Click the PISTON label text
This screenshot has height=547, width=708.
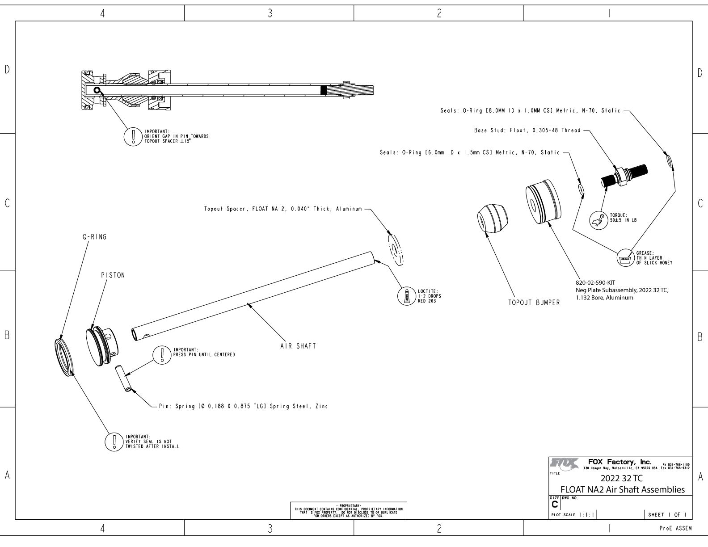[x=113, y=275]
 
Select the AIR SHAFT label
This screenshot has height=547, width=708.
[x=298, y=346]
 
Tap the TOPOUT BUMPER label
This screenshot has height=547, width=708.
[x=534, y=303]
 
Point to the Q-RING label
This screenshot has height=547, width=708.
[x=94, y=237]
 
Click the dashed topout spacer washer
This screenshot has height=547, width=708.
[x=396, y=248]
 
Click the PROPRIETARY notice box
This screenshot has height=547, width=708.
[x=349, y=510]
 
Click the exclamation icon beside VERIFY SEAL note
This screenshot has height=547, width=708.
[x=113, y=442]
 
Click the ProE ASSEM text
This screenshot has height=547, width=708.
[x=675, y=528]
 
